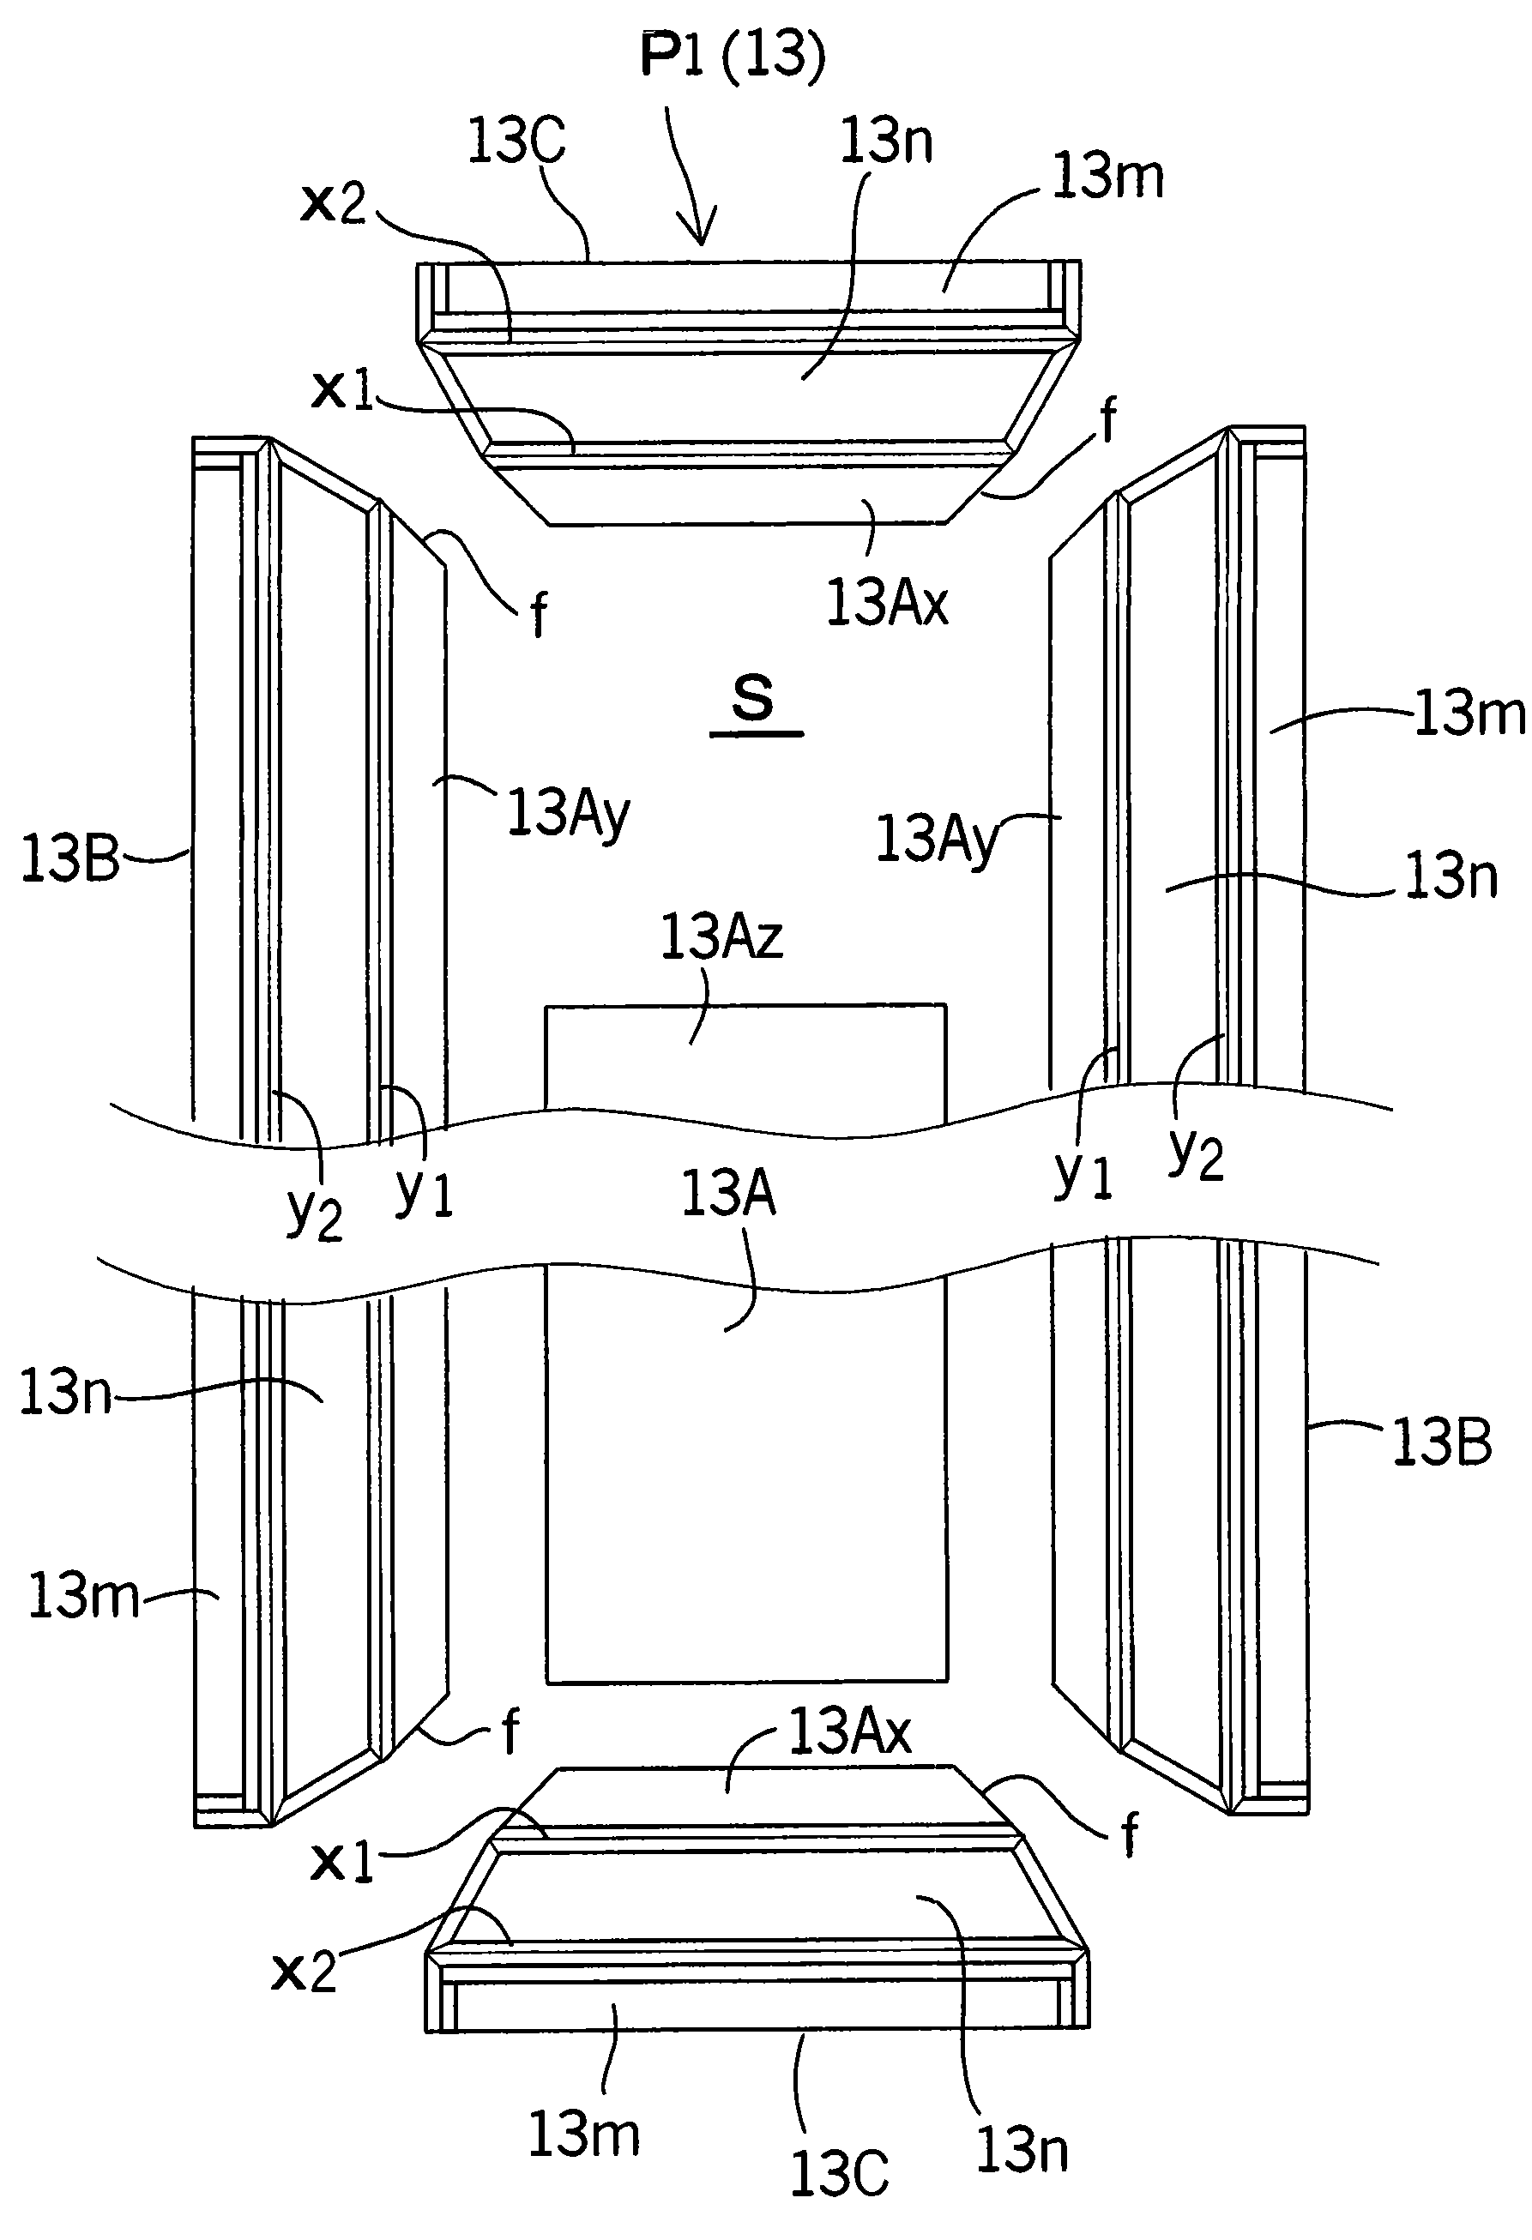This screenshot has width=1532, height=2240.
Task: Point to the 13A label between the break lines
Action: click(x=728, y=1193)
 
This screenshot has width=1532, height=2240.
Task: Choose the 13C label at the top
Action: click(x=516, y=141)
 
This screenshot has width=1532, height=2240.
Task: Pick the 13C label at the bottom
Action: click(x=839, y=2175)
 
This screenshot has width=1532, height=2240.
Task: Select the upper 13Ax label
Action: click(x=887, y=604)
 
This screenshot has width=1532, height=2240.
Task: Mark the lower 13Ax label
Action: click(x=849, y=1732)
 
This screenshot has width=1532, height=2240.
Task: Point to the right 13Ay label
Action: click(x=936, y=839)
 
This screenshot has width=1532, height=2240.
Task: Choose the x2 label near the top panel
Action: click(x=334, y=203)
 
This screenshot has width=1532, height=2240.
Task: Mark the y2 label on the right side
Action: click(x=1197, y=1153)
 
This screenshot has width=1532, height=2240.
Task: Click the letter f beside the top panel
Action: click(x=1109, y=421)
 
